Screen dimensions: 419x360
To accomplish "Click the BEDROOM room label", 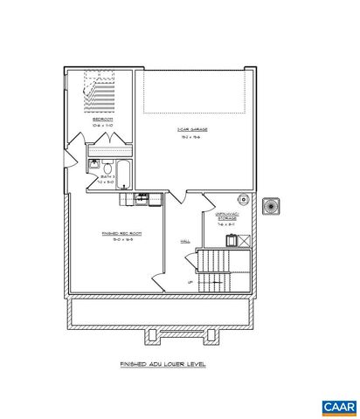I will (102, 119).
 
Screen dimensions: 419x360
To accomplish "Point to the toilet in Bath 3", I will (103, 166).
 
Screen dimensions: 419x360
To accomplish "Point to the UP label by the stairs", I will (190, 282).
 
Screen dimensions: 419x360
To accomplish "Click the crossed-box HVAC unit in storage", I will (247, 237).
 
